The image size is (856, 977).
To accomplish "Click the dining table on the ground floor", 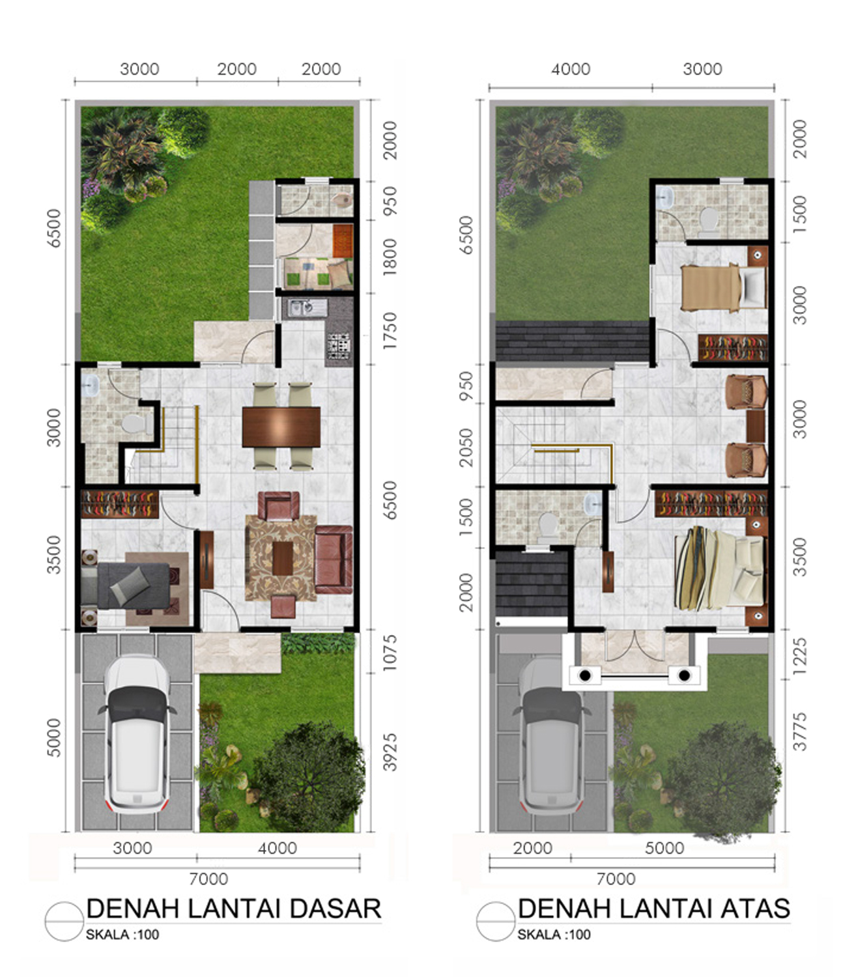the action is click(x=281, y=427).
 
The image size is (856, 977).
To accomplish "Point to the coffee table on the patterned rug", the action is click(x=283, y=558).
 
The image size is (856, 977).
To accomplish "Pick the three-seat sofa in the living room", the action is click(x=334, y=559).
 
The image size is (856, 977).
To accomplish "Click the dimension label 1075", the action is click(x=389, y=653).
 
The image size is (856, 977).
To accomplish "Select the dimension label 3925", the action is click(x=389, y=752).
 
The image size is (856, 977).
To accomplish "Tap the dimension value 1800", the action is click(x=389, y=257).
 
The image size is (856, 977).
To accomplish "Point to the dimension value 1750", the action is click(x=389, y=331).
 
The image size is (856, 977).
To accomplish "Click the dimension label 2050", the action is click(x=466, y=448).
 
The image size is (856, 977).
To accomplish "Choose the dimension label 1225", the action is click(x=799, y=657).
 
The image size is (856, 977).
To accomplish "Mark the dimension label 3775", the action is click(x=799, y=732).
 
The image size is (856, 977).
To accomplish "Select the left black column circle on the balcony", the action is click(x=585, y=675).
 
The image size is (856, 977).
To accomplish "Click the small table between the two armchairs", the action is click(x=755, y=426).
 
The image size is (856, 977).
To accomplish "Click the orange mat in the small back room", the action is click(x=343, y=240).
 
